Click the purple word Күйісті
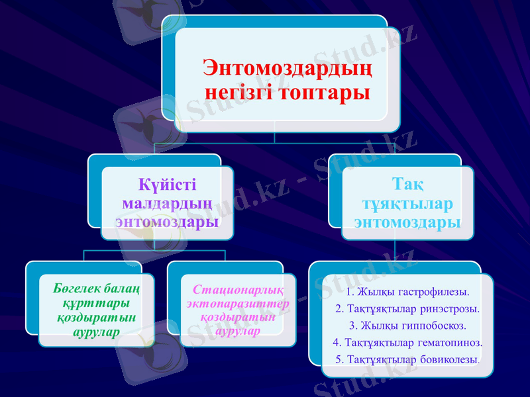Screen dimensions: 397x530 click(x=167, y=183)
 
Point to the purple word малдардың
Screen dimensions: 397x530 click(x=167, y=201)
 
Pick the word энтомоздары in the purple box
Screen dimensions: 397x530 click(x=167, y=220)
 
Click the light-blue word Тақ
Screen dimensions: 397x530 click(x=408, y=182)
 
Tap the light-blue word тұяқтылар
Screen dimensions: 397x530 click(x=408, y=201)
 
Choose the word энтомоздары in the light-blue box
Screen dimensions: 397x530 click(x=408, y=221)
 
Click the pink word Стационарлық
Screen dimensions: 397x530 click(x=238, y=290)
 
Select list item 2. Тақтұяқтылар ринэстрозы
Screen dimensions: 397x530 click(x=407, y=308)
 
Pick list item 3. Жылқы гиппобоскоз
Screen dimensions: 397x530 click(x=407, y=326)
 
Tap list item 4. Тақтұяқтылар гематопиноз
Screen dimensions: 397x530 click(x=407, y=343)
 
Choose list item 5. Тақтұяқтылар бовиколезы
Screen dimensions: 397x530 click(x=407, y=359)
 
